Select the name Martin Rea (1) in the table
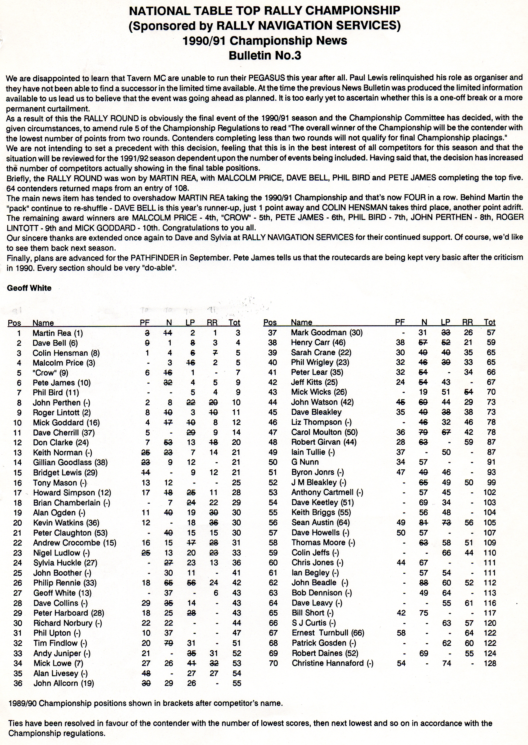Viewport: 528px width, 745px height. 58,333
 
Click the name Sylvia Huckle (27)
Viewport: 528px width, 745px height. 65,563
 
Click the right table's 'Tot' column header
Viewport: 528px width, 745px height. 489,322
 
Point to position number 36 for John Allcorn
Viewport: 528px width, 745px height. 18,683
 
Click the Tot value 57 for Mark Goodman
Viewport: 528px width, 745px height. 491,332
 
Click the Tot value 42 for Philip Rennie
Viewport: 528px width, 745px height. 237,583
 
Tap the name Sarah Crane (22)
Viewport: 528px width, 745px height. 321,352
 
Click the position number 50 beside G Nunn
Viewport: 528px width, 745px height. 273,462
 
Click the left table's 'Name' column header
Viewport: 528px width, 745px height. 43,323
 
